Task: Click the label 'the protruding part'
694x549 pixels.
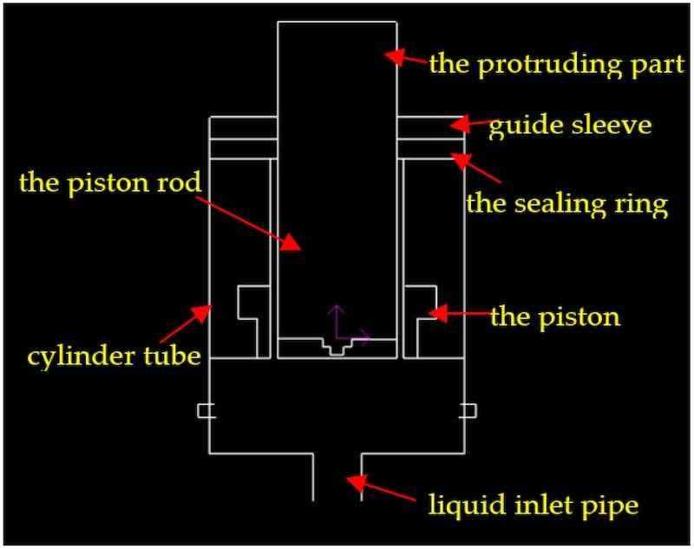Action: (x=557, y=64)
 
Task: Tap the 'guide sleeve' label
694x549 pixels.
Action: (x=570, y=126)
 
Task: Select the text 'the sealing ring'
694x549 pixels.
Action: (x=566, y=204)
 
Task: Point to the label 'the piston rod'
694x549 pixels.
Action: (x=110, y=182)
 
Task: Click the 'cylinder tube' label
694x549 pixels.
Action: (x=115, y=356)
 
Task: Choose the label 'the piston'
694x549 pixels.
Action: (x=555, y=317)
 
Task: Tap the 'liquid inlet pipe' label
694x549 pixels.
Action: (x=534, y=505)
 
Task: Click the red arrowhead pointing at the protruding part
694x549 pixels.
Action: (x=394, y=56)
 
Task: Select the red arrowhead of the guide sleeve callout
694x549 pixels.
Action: (x=460, y=124)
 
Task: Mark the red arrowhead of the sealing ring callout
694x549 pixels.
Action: (x=461, y=161)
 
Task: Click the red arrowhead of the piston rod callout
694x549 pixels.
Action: (x=291, y=243)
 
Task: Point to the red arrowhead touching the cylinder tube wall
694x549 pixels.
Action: (x=202, y=312)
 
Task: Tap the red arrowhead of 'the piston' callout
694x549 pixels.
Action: (x=439, y=313)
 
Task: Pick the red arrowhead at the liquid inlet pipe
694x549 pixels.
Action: (x=357, y=481)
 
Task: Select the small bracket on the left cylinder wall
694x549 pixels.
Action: (x=206, y=410)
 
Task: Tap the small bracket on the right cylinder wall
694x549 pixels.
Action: (x=468, y=410)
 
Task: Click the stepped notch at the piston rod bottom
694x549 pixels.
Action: (x=337, y=347)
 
